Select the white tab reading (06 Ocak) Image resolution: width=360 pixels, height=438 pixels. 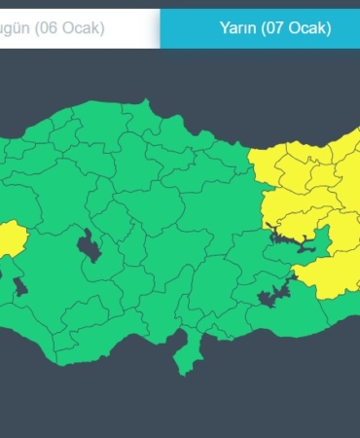pyautogui.click(x=78, y=28)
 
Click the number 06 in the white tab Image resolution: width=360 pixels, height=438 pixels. pyautogui.click(x=50, y=28)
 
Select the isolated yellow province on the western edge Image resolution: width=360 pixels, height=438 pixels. pyautogui.click(x=12, y=237)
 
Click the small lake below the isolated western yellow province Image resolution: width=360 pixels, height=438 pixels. pyautogui.click(x=19, y=286)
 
